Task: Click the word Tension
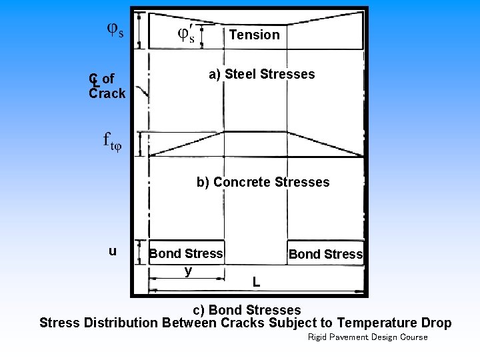point(254,35)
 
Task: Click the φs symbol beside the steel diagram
point(115,31)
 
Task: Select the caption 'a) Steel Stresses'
point(261,74)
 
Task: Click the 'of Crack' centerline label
point(107,87)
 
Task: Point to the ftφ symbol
point(112,141)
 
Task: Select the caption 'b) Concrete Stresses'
point(263,182)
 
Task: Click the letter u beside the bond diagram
point(113,251)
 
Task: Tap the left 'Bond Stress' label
point(186,253)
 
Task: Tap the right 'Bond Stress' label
point(325,254)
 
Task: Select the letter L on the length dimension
point(256,282)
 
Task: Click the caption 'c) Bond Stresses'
point(247,310)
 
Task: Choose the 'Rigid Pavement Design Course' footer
point(367,337)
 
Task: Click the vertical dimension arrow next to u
point(139,253)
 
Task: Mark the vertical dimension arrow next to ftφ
point(139,143)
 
